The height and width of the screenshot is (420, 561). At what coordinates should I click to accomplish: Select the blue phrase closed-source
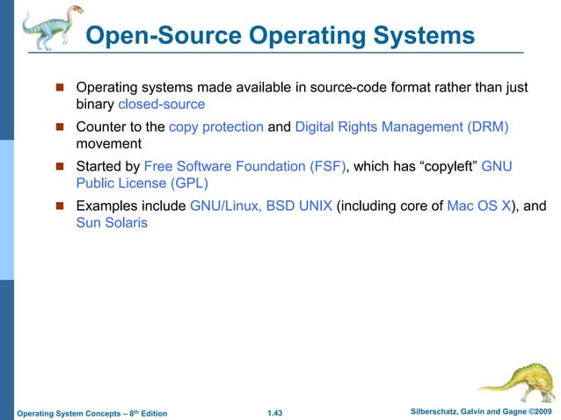(x=155, y=105)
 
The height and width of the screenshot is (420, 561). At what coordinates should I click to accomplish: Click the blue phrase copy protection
(x=216, y=127)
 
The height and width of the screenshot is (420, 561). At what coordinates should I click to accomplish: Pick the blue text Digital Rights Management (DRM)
(x=403, y=127)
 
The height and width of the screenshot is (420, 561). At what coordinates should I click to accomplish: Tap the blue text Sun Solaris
(x=112, y=222)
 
